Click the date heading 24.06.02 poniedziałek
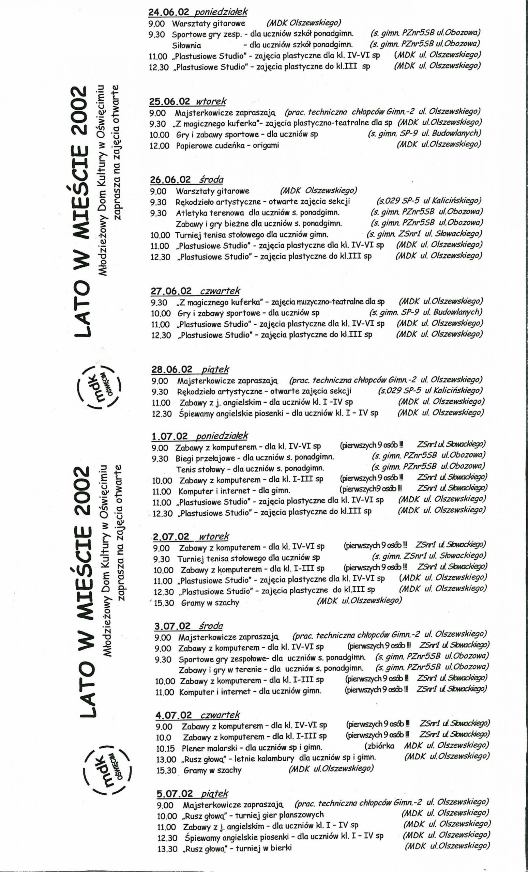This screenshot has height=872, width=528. click(x=198, y=12)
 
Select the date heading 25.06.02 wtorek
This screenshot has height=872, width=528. click(x=188, y=102)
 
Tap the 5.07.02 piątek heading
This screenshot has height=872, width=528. click(x=192, y=794)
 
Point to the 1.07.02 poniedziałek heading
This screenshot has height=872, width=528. click(x=200, y=436)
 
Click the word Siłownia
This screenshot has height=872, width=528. click(x=187, y=45)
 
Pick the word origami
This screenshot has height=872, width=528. click(x=266, y=145)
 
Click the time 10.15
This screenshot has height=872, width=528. click(x=165, y=748)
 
